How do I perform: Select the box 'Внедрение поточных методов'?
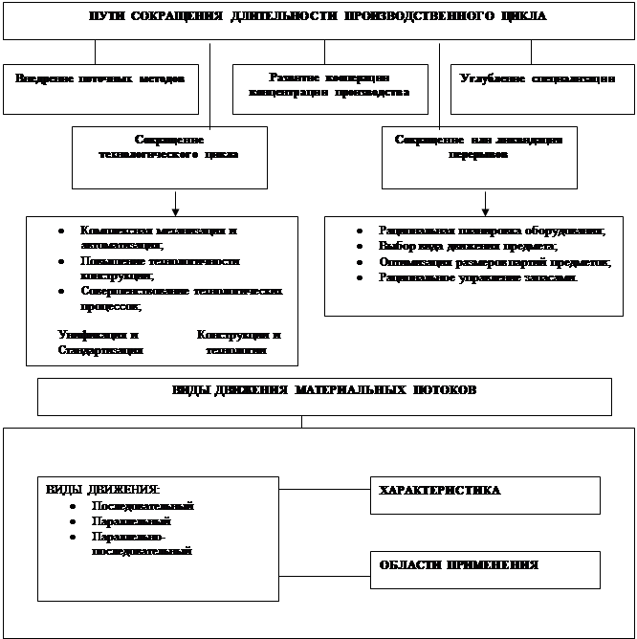pyautogui.click(x=100, y=77)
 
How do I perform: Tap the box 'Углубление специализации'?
pyautogui.click(x=537, y=77)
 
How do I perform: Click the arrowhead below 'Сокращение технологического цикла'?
pyautogui.click(x=174, y=210)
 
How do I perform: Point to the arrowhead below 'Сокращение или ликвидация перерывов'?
pyautogui.click(x=486, y=210)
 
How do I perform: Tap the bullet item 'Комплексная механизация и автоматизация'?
pyautogui.click(x=159, y=237)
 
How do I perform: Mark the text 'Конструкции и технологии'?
pyautogui.click(x=238, y=342)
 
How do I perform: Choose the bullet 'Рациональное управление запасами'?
pyautogui.click(x=478, y=276)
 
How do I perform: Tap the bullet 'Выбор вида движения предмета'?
pyautogui.click(x=468, y=246)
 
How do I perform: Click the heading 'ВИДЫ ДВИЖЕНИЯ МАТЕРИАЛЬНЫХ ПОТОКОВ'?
pyautogui.click(x=324, y=391)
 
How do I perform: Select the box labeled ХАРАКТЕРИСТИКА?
pyautogui.click(x=485, y=495)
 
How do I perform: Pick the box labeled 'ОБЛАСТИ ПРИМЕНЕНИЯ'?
pyautogui.click(x=485, y=569)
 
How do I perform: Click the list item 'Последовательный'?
pyautogui.click(x=143, y=505)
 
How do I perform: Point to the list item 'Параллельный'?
pyautogui.click(x=131, y=521)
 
